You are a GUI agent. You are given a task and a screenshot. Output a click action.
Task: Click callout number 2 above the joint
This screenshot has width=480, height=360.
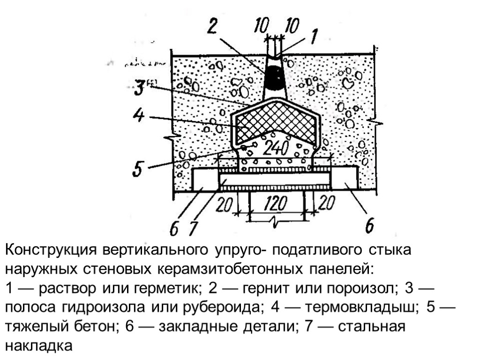(x=212, y=27)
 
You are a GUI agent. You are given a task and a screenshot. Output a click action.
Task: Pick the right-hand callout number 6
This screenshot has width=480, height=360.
(x=369, y=226)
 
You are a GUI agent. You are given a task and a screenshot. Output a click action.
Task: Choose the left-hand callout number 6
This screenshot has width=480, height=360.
(x=174, y=229)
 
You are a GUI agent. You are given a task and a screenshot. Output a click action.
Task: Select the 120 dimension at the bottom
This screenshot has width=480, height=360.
(x=277, y=204)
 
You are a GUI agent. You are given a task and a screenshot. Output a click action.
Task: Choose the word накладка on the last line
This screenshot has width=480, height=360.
(x=39, y=345)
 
